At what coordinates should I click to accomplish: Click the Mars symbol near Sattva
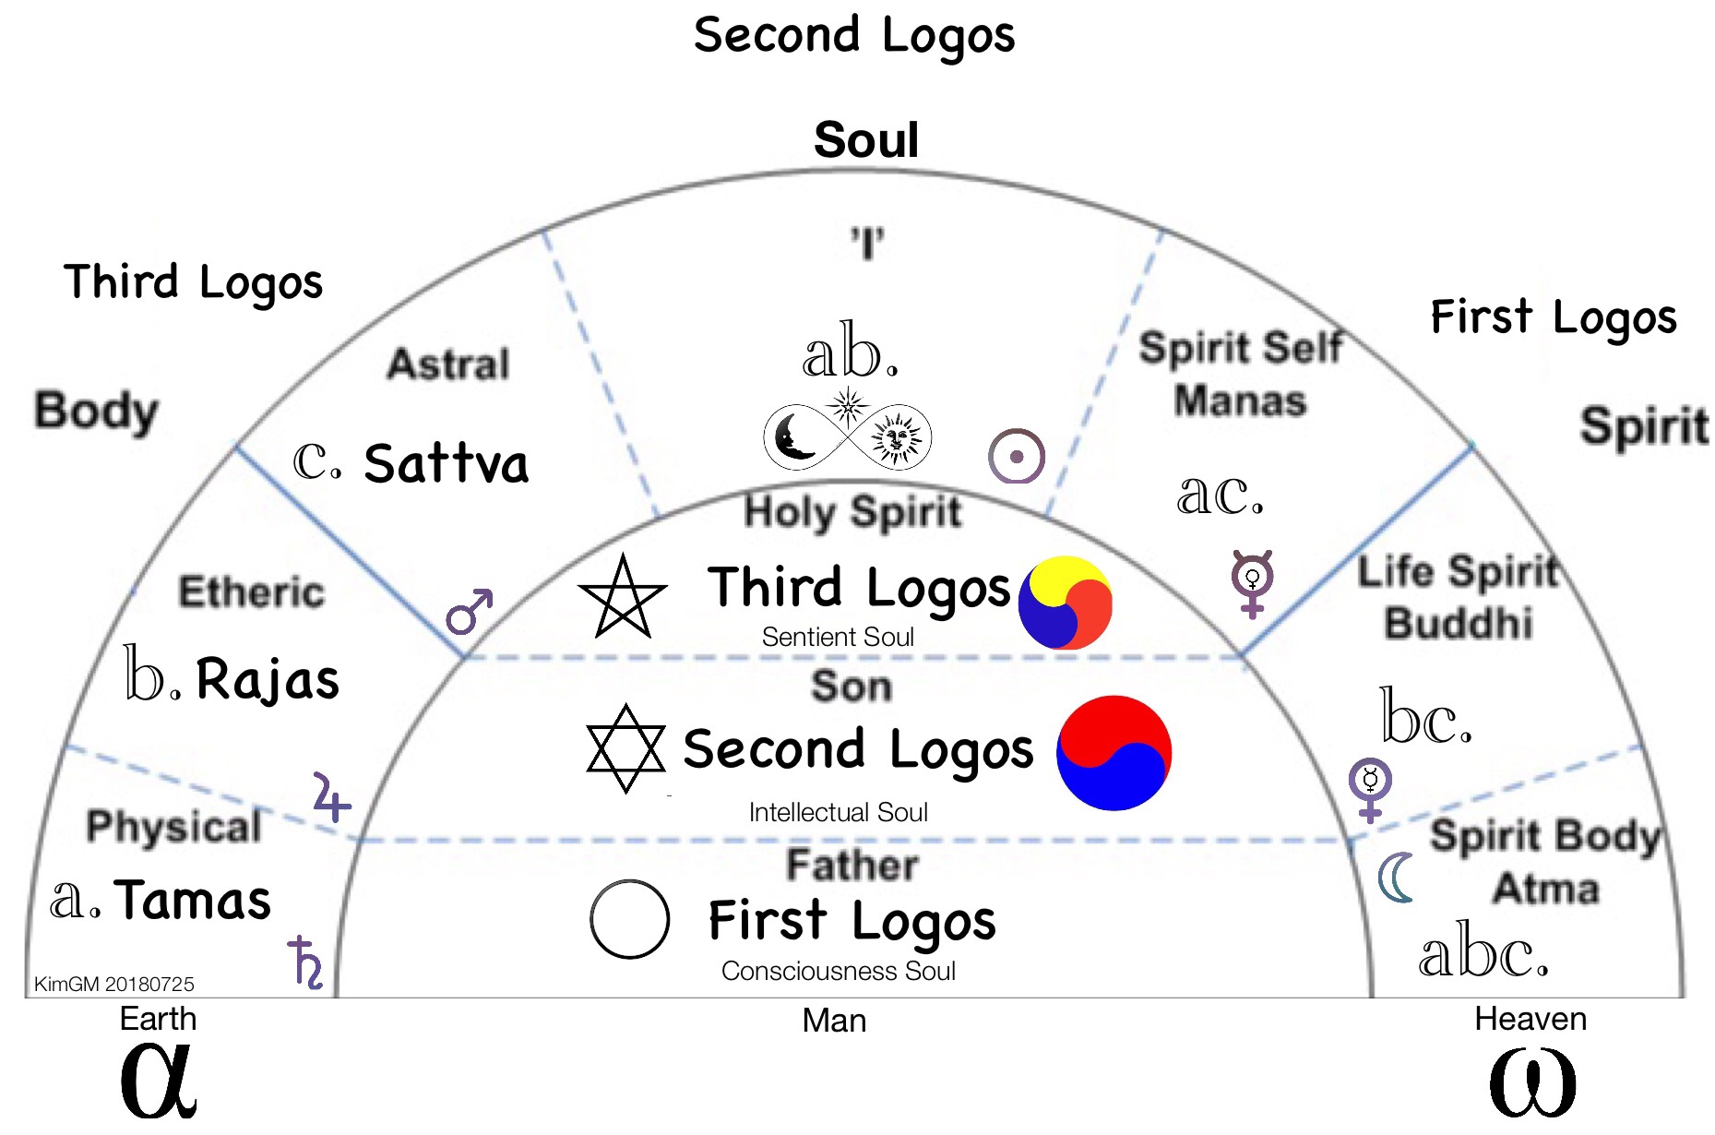[469, 612]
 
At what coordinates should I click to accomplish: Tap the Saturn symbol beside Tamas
[305, 962]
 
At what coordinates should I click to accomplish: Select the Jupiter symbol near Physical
[331, 797]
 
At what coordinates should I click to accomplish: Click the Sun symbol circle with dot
[1016, 456]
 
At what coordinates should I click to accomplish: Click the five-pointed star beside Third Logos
[623, 597]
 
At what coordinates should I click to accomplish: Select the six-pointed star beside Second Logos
[625, 748]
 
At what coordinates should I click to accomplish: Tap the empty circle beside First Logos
[629, 919]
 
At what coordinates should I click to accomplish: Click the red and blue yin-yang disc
[1114, 753]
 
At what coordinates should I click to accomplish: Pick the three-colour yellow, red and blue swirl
[1066, 603]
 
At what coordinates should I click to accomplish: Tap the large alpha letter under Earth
[159, 1080]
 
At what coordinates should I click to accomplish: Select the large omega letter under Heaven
[1532, 1081]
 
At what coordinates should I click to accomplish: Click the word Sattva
[447, 463]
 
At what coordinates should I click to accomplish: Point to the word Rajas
[268, 680]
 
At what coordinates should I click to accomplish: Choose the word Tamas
[194, 900]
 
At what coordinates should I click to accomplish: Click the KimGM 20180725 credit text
[114, 984]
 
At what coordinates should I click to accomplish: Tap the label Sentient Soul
[838, 637]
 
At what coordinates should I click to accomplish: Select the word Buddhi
[1459, 623]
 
